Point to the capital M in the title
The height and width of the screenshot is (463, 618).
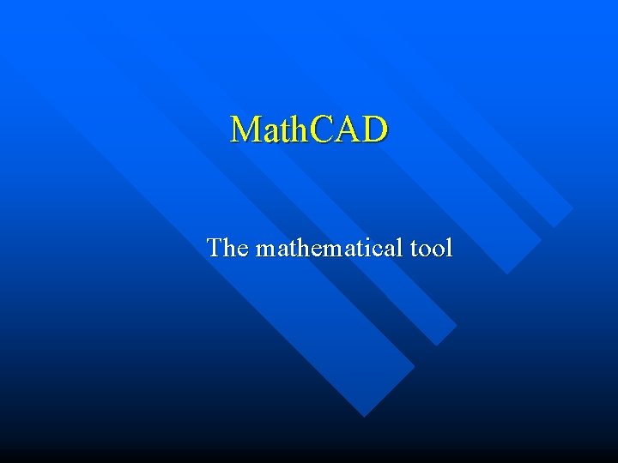[245, 129]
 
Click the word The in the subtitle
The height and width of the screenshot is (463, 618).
[227, 248]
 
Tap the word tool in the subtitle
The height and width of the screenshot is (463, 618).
[431, 248]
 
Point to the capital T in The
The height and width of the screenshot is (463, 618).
[215, 248]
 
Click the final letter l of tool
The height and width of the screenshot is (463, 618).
[449, 248]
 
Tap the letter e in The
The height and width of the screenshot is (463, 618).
[241, 250]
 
